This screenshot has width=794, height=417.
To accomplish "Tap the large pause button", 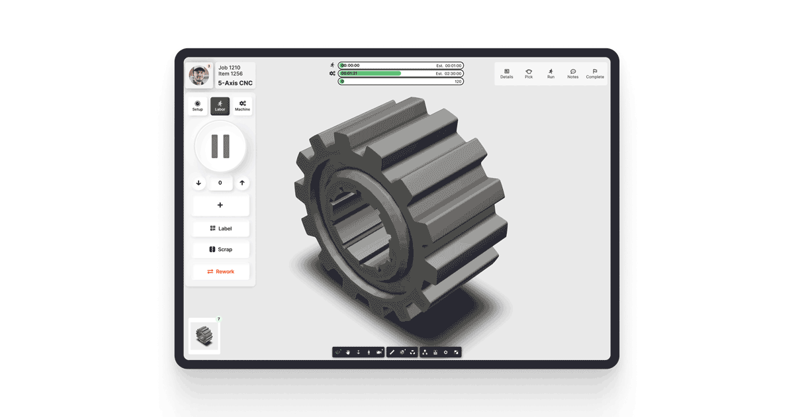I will coord(220,146).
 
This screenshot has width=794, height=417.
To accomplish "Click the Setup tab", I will coord(197,106).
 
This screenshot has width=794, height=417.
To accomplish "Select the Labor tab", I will coord(220,106).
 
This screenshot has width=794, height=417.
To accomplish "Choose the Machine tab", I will coord(242,106).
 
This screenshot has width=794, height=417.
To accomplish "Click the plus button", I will coord(220,205).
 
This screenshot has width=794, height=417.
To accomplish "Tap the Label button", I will coord(220,228).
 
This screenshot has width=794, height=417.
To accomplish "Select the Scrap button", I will coord(220,250).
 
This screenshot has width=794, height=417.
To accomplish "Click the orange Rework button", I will coord(220,271).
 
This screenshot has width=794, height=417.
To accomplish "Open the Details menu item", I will coord(507,73).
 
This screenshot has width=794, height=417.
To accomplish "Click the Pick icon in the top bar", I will coord(529,73).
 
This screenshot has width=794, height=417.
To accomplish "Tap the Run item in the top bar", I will coord(551,73).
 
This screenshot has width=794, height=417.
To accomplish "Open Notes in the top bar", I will coord(573,73).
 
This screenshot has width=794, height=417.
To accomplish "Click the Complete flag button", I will coord(595,73).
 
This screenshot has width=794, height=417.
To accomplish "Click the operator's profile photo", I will coord(199,75).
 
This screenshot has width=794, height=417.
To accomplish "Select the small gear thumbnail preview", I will coord(204,336).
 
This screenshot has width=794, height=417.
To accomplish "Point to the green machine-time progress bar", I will coord(371,73).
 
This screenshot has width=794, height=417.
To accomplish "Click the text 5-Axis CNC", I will coord(236,83).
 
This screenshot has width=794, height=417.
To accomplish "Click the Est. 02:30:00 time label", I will coord(448,73).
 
